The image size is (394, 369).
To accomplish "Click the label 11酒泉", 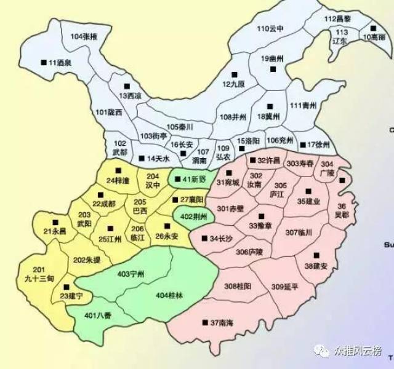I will coord(59,63).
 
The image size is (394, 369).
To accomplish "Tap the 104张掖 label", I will coord(84,37).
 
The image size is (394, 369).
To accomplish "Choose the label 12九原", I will coord(234,84).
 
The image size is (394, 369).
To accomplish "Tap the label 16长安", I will coord(183,144).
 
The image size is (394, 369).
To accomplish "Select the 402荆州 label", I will coord(192,216).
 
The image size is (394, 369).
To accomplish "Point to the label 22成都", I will coord(104,204).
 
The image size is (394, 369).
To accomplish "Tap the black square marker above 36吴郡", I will coord(342,180).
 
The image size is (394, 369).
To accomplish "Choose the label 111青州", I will coord(303,106).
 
